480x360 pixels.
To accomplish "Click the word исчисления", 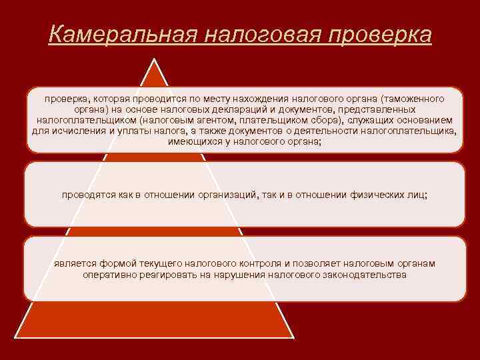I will coord(75,131).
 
